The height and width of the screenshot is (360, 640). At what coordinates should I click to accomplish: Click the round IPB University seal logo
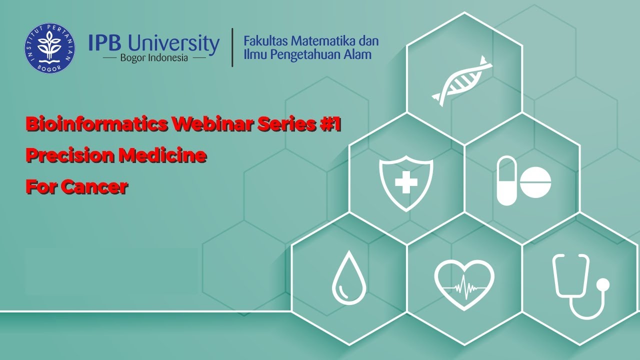click(49, 48)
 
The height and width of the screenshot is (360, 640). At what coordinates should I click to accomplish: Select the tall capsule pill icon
click(506, 180)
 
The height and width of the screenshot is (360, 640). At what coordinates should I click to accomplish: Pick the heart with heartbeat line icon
click(464, 285)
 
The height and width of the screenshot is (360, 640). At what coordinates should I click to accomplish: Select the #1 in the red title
click(329, 125)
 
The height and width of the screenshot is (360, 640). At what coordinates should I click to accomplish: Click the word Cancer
click(94, 187)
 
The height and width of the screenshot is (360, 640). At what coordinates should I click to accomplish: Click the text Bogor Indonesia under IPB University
click(154, 58)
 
